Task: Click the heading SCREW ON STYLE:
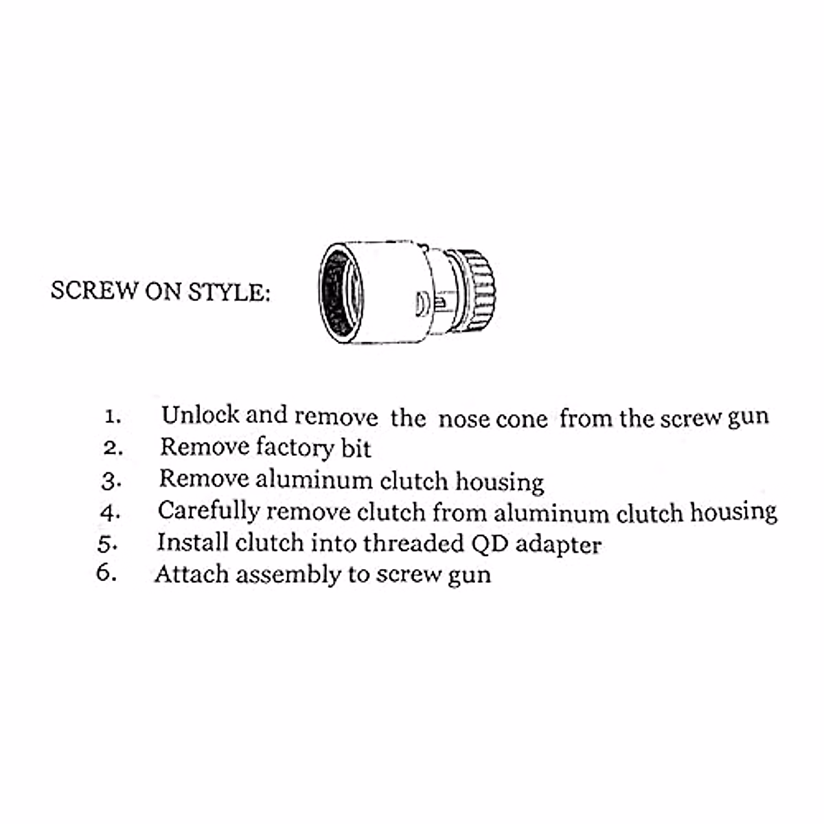[160, 291]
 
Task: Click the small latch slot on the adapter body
[424, 302]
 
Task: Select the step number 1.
[113, 417]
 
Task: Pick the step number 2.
[113, 448]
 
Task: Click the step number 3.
[111, 481]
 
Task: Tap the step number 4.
[110, 513]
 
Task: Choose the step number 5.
[108, 544]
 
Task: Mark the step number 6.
[106, 574]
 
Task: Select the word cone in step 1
[522, 418]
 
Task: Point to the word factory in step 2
[295, 448]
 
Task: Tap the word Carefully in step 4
[208, 512]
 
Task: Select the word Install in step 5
[192, 542]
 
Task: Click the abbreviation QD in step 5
[489, 544]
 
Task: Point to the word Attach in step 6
[191, 574]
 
